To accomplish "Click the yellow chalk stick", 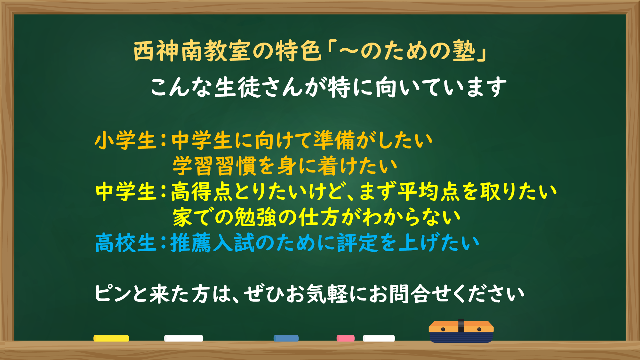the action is pyautogui.click(x=111, y=338).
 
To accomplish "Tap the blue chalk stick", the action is pyautogui.click(x=286, y=338).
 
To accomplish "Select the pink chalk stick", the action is pyautogui.click(x=346, y=338).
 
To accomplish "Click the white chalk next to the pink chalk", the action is pyautogui.click(x=379, y=338).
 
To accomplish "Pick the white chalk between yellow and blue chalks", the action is pyautogui.click(x=184, y=338).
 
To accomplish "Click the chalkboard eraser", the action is pyautogui.click(x=461, y=332).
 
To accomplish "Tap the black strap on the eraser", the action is pyautogui.click(x=461, y=325).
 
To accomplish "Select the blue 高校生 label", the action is pyautogui.click(x=125, y=243).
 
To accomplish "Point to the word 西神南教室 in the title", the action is pyautogui.click(x=191, y=51).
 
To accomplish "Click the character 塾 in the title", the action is pyautogui.click(x=464, y=51).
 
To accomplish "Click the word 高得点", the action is pyautogui.click(x=202, y=192).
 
